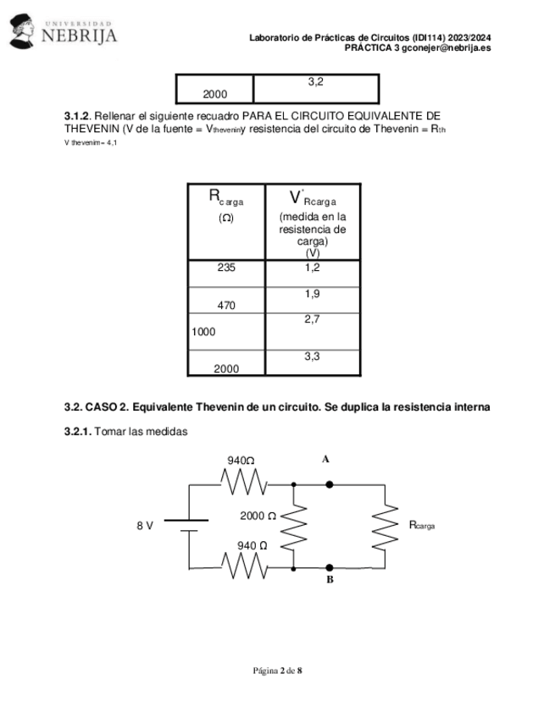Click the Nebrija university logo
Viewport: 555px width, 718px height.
[x=63, y=31]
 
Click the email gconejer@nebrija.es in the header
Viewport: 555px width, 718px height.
[x=447, y=48]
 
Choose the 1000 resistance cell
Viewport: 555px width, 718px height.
[x=203, y=332]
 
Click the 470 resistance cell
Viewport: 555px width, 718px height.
[x=226, y=306]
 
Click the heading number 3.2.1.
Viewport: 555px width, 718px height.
[x=78, y=432]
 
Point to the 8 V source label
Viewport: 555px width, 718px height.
[x=145, y=525]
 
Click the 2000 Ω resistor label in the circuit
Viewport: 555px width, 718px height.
[x=258, y=516]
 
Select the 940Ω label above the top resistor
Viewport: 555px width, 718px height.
[x=241, y=461]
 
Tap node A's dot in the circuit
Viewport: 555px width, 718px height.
[x=330, y=484]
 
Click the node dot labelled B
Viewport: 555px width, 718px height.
[x=330, y=567]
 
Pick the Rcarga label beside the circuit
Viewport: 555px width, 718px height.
[x=422, y=525]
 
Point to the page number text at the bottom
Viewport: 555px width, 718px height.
[x=277, y=671]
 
